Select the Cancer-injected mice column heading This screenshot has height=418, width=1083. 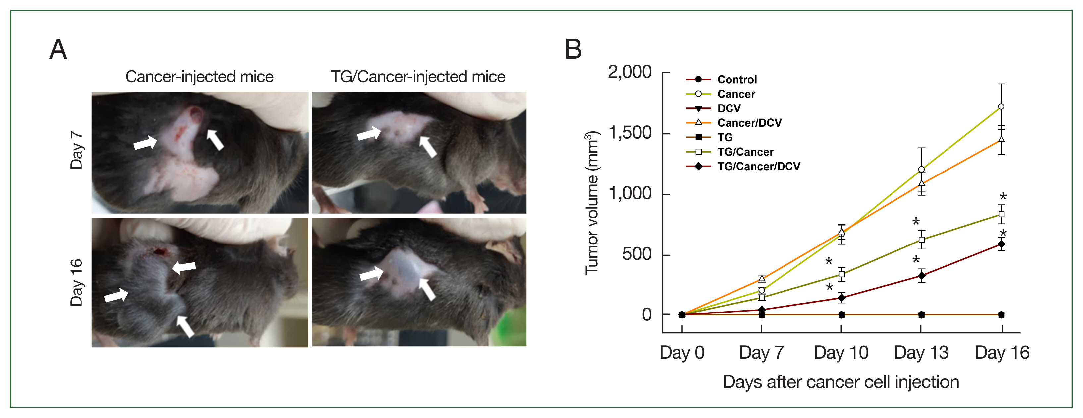click(199, 77)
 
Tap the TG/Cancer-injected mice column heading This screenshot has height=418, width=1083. click(418, 77)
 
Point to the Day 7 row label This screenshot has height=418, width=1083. click(77, 150)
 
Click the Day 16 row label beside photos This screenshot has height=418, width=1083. click(77, 282)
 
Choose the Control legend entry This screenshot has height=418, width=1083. click(736, 80)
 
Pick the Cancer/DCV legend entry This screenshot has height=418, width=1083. click(749, 123)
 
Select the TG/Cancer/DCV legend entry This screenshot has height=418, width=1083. click(758, 166)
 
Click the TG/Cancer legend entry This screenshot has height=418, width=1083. click(745, 152)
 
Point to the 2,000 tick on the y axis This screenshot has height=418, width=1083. click(629, 72)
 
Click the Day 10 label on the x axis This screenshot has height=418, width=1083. click(841, 353)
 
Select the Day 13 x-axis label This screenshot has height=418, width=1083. click(921, 353)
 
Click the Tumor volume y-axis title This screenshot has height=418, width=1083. click(592, 204)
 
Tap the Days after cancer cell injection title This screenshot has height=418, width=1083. click(841, 382)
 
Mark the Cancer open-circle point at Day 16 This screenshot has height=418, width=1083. click(1002, 107)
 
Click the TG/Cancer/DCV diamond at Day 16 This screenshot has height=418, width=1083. click(1002, 244)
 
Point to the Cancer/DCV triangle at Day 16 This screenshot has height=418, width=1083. click(1002, 139)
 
